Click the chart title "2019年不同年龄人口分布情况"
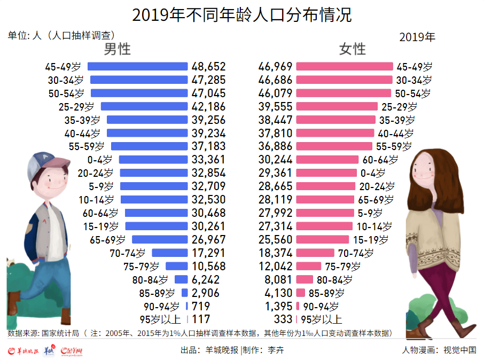(241, 14)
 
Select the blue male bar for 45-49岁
(138, 67)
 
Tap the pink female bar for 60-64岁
(327, 159)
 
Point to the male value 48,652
(208, 67)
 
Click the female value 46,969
(275, 67)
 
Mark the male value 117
(201, 319)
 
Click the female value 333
(283, 319)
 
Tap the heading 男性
(117, 49)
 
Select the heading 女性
(353, 49)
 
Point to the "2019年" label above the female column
(417, 37)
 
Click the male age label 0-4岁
(100, 159)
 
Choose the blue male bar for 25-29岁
(145, 106)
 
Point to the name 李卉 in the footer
(276, 350)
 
